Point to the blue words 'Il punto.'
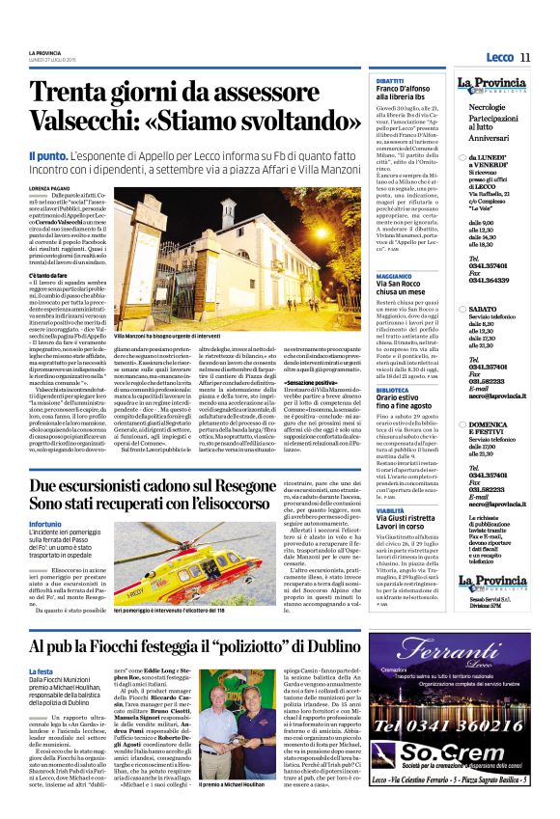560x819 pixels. coord(47,155)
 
